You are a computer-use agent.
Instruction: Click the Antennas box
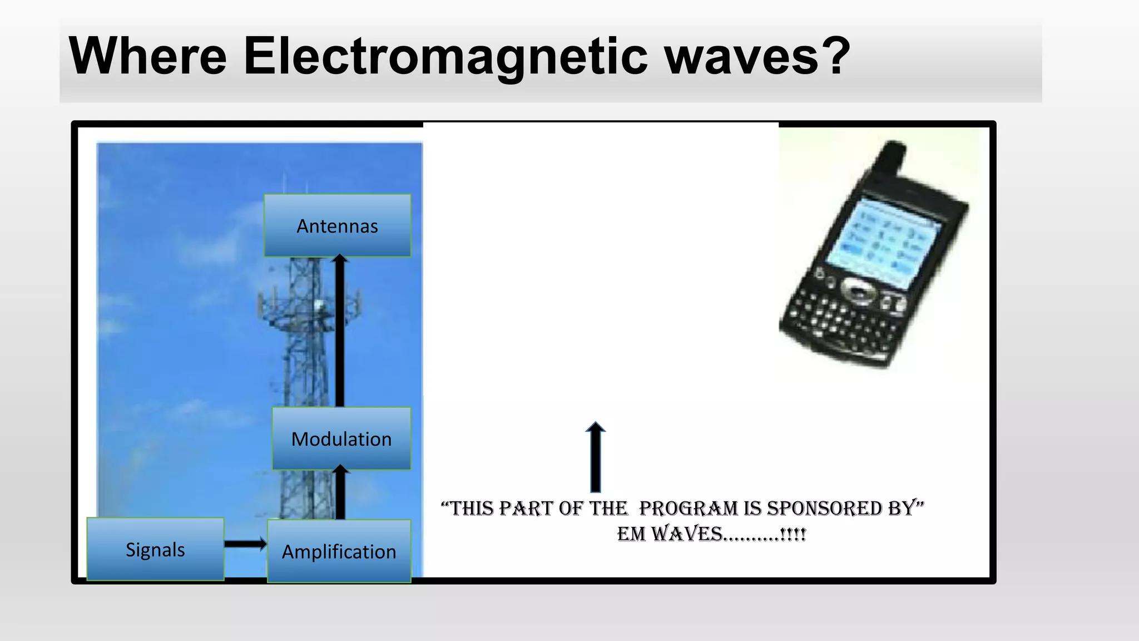coord(337,225)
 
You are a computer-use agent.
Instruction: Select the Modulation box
coord(341,438)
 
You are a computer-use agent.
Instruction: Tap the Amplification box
coord(339,551)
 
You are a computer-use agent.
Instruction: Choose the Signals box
coord(155,549)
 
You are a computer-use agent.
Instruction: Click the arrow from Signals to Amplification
coord(245,544)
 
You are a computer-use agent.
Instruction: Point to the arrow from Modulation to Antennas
coord(340,334)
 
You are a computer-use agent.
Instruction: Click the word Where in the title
coord(147,56)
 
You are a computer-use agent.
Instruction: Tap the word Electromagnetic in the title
coord(445,56)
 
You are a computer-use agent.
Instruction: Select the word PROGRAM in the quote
coord(689,509)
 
